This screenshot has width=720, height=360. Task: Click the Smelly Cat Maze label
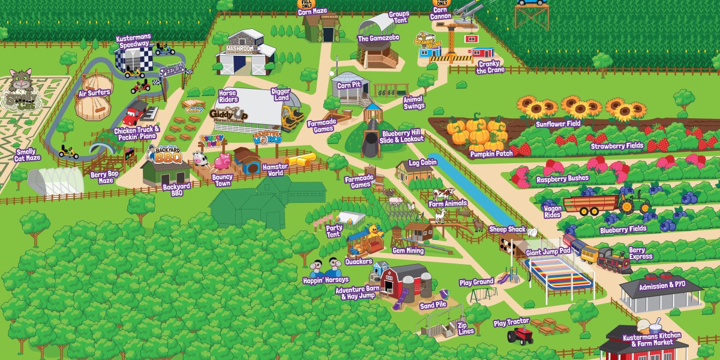(28, 155)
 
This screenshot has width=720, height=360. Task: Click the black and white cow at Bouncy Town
(199, 158)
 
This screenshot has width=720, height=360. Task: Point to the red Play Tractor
(520, 335)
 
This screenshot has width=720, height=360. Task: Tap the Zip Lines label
(466, 328)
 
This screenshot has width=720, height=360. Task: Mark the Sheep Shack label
(507, 229)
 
